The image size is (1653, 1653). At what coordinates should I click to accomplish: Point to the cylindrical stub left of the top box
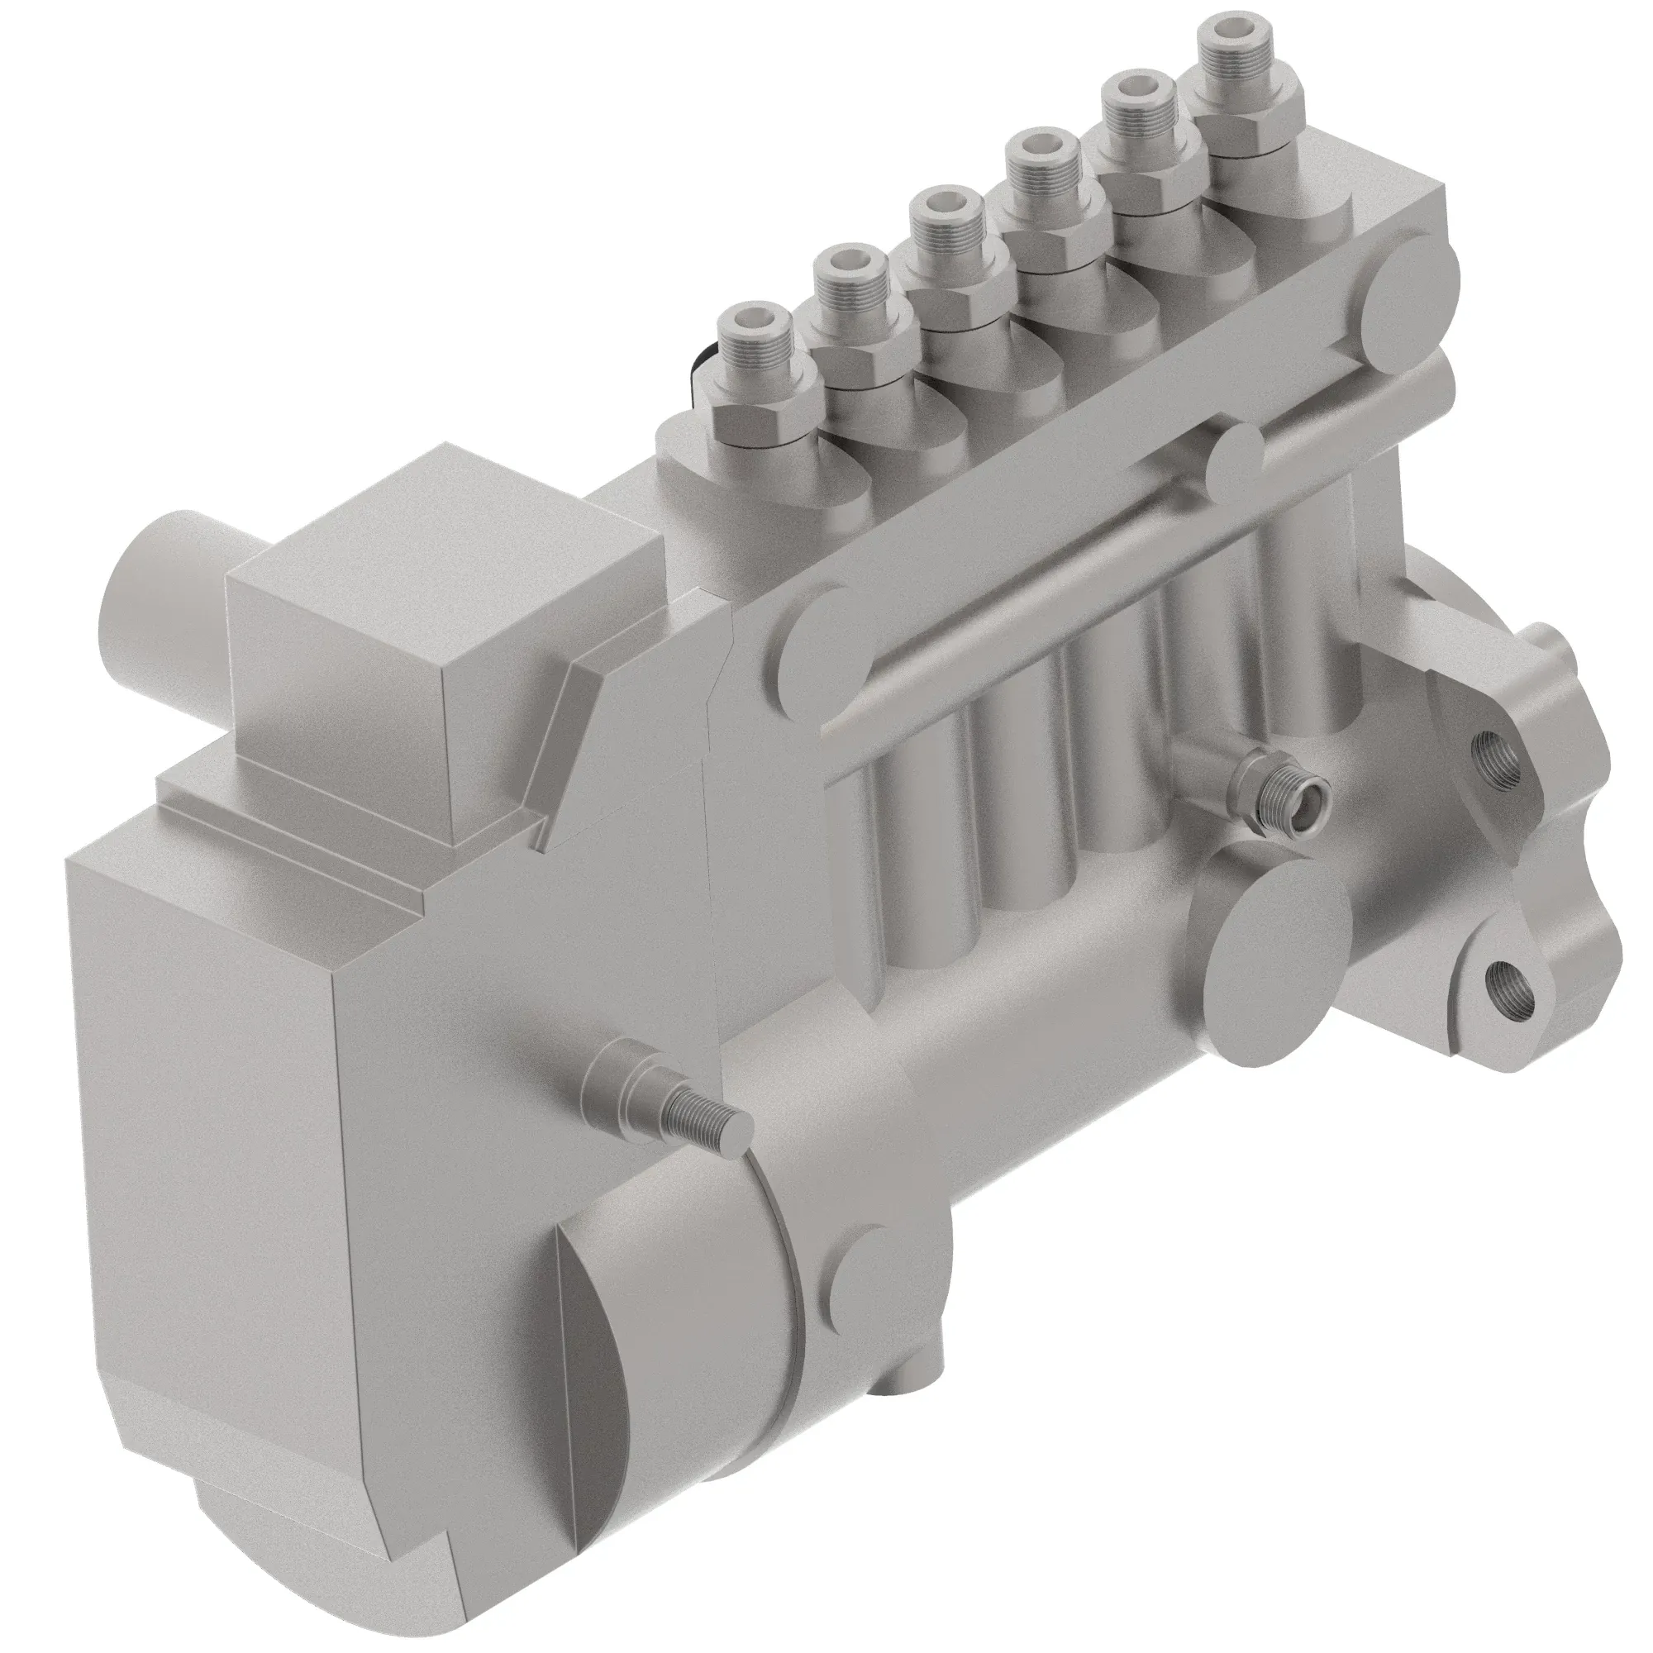click(x=163, y=590)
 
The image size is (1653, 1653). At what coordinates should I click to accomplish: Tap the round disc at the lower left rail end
click(x=822, y=633)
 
